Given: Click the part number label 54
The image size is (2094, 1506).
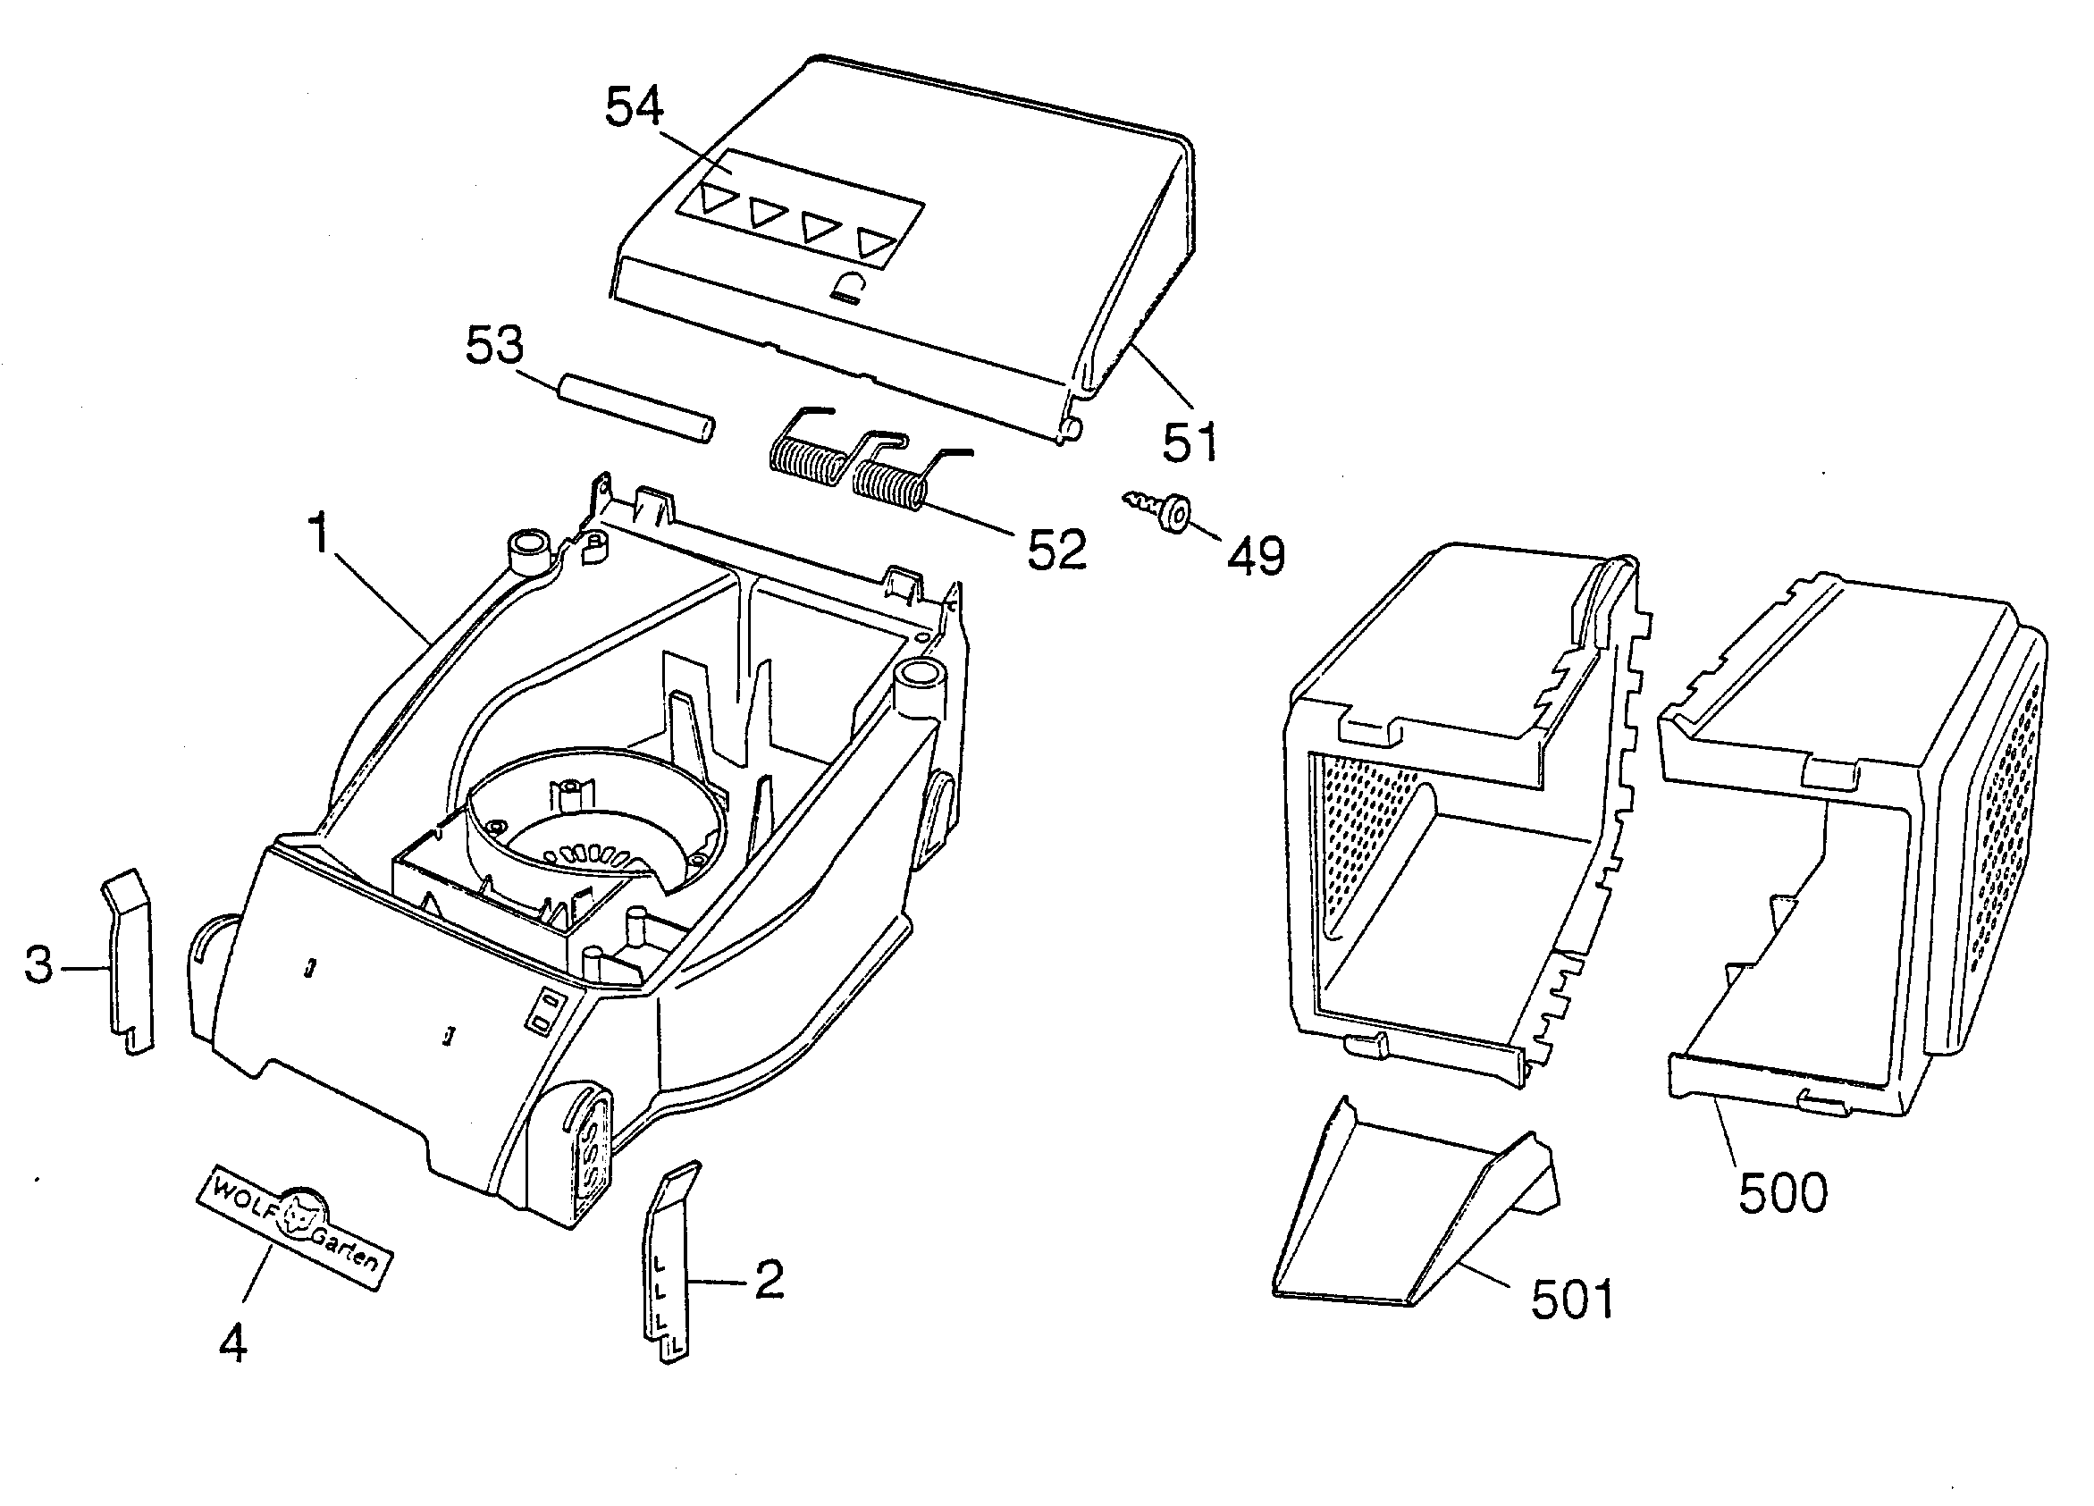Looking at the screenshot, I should click(634, 108).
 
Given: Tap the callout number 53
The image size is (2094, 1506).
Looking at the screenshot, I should click(494, 345).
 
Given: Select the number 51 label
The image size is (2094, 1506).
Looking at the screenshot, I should click(1190, 443).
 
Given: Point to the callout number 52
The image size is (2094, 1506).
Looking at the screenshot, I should click(1057, 551).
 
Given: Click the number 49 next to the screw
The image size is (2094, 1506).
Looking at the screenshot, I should click(1256, 557).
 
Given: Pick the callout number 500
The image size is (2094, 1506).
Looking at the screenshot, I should click(1783, 1193).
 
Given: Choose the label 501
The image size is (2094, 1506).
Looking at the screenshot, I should click(1571, 1300).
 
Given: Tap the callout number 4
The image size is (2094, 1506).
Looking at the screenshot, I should click(232, 1342).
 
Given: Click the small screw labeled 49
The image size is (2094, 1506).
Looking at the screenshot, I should click(1160, 509).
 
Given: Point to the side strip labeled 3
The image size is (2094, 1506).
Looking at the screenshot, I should click(128, 961).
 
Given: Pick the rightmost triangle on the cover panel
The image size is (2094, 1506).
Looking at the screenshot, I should click(875, 243).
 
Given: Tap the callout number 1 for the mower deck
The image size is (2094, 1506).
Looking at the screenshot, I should click(318, 534).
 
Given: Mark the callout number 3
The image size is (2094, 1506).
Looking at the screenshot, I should click(38, 966).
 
